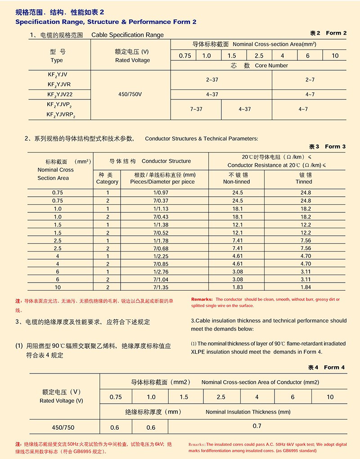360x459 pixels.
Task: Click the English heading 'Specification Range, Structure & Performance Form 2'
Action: (x=106, y=22)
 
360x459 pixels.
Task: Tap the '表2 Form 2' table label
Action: (x=328, y=33)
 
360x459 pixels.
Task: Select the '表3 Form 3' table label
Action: (x=327, y=146)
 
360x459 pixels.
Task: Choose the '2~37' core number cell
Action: (x=212, y=80)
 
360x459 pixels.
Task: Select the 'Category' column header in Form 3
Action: (x=107, y=178)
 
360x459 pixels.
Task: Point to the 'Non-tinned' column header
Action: (x=236, y=178)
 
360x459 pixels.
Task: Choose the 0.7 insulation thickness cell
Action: (x=257, y=426)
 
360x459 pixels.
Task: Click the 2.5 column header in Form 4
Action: (x=221, y=397)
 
